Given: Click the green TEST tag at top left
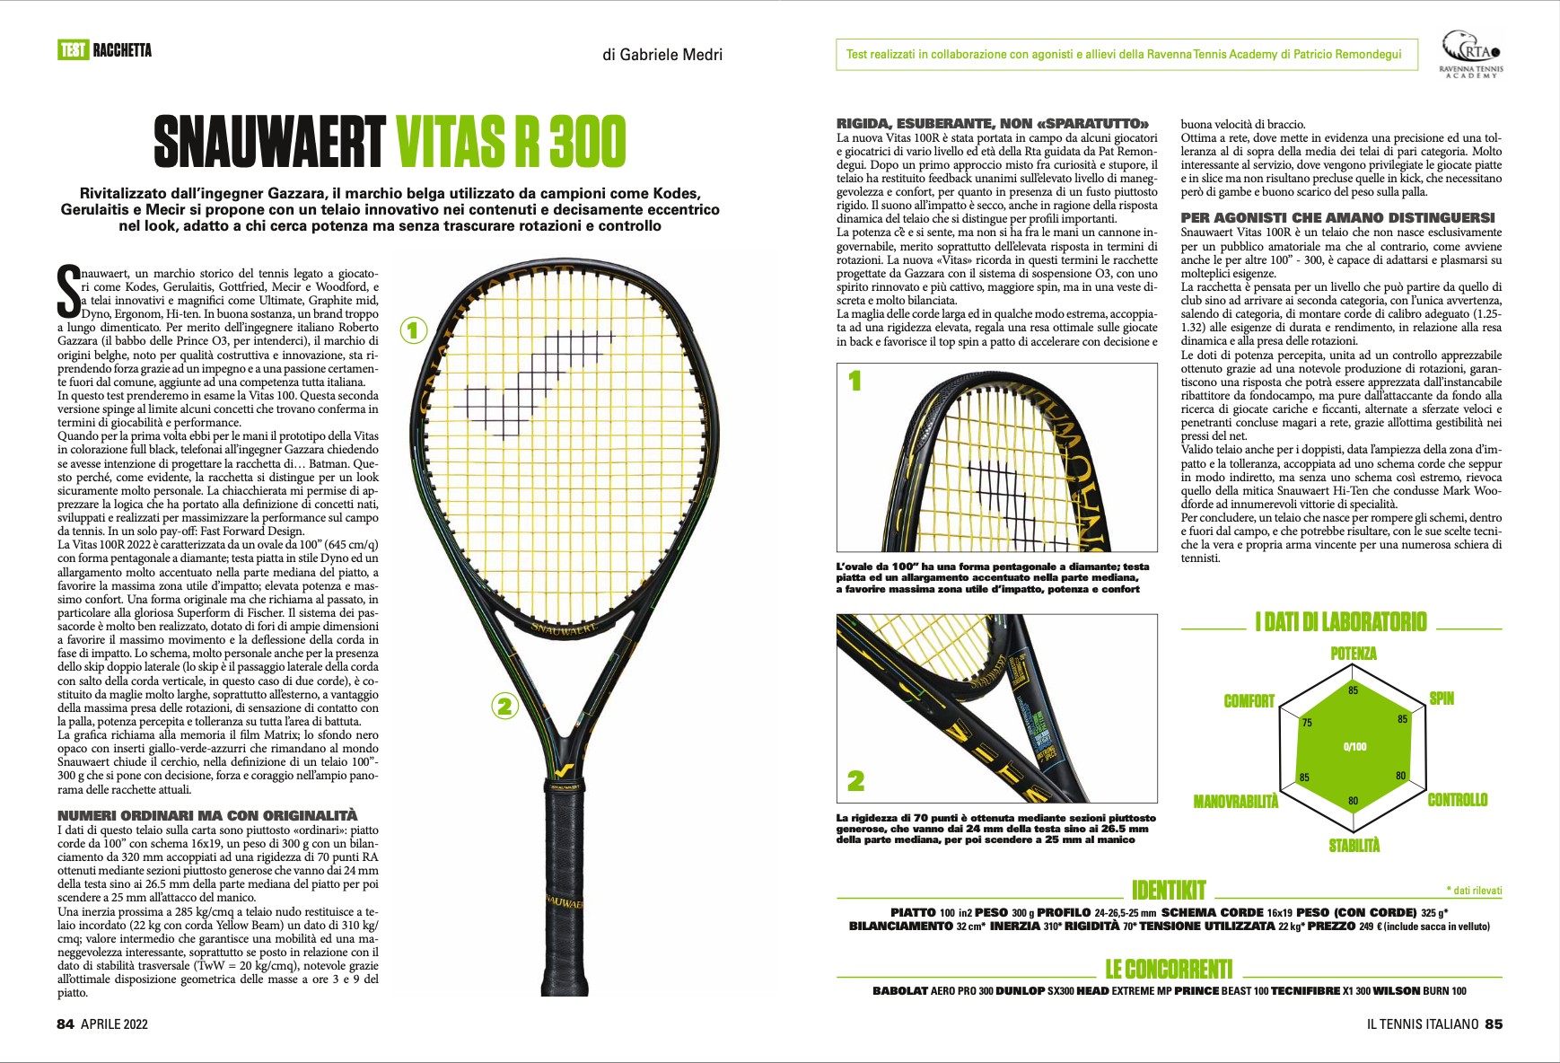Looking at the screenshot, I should (x=73, y=50).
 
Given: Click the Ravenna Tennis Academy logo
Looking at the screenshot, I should (x=1470, y=54).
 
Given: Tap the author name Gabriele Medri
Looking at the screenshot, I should (x=662, y=55).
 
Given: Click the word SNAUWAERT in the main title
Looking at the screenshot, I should (x=269, y=143).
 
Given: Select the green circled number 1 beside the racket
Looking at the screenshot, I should (x=413, y=330).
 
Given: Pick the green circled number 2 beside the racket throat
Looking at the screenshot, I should (x=504, y=706).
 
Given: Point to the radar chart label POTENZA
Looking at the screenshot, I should (x=1353, y=654).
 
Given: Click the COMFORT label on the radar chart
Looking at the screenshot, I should (x=1249, y=701).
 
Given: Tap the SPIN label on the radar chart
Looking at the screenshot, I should (x=1442, y=698).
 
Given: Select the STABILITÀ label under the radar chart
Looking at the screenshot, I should (x=1354, y=845).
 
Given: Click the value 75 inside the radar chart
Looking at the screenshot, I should (x=1307, y=723).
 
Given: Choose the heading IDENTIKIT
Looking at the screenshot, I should (x=1169, y=890).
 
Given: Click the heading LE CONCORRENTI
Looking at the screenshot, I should (x=1169, y=970).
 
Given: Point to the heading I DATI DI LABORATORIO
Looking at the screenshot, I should (x=1340, y=621).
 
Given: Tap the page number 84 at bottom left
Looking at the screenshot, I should (x=66, y=1024).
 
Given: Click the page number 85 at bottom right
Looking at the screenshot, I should (x=1494, y=1024).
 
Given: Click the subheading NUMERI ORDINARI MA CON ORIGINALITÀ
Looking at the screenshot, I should (x=207, y=815).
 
